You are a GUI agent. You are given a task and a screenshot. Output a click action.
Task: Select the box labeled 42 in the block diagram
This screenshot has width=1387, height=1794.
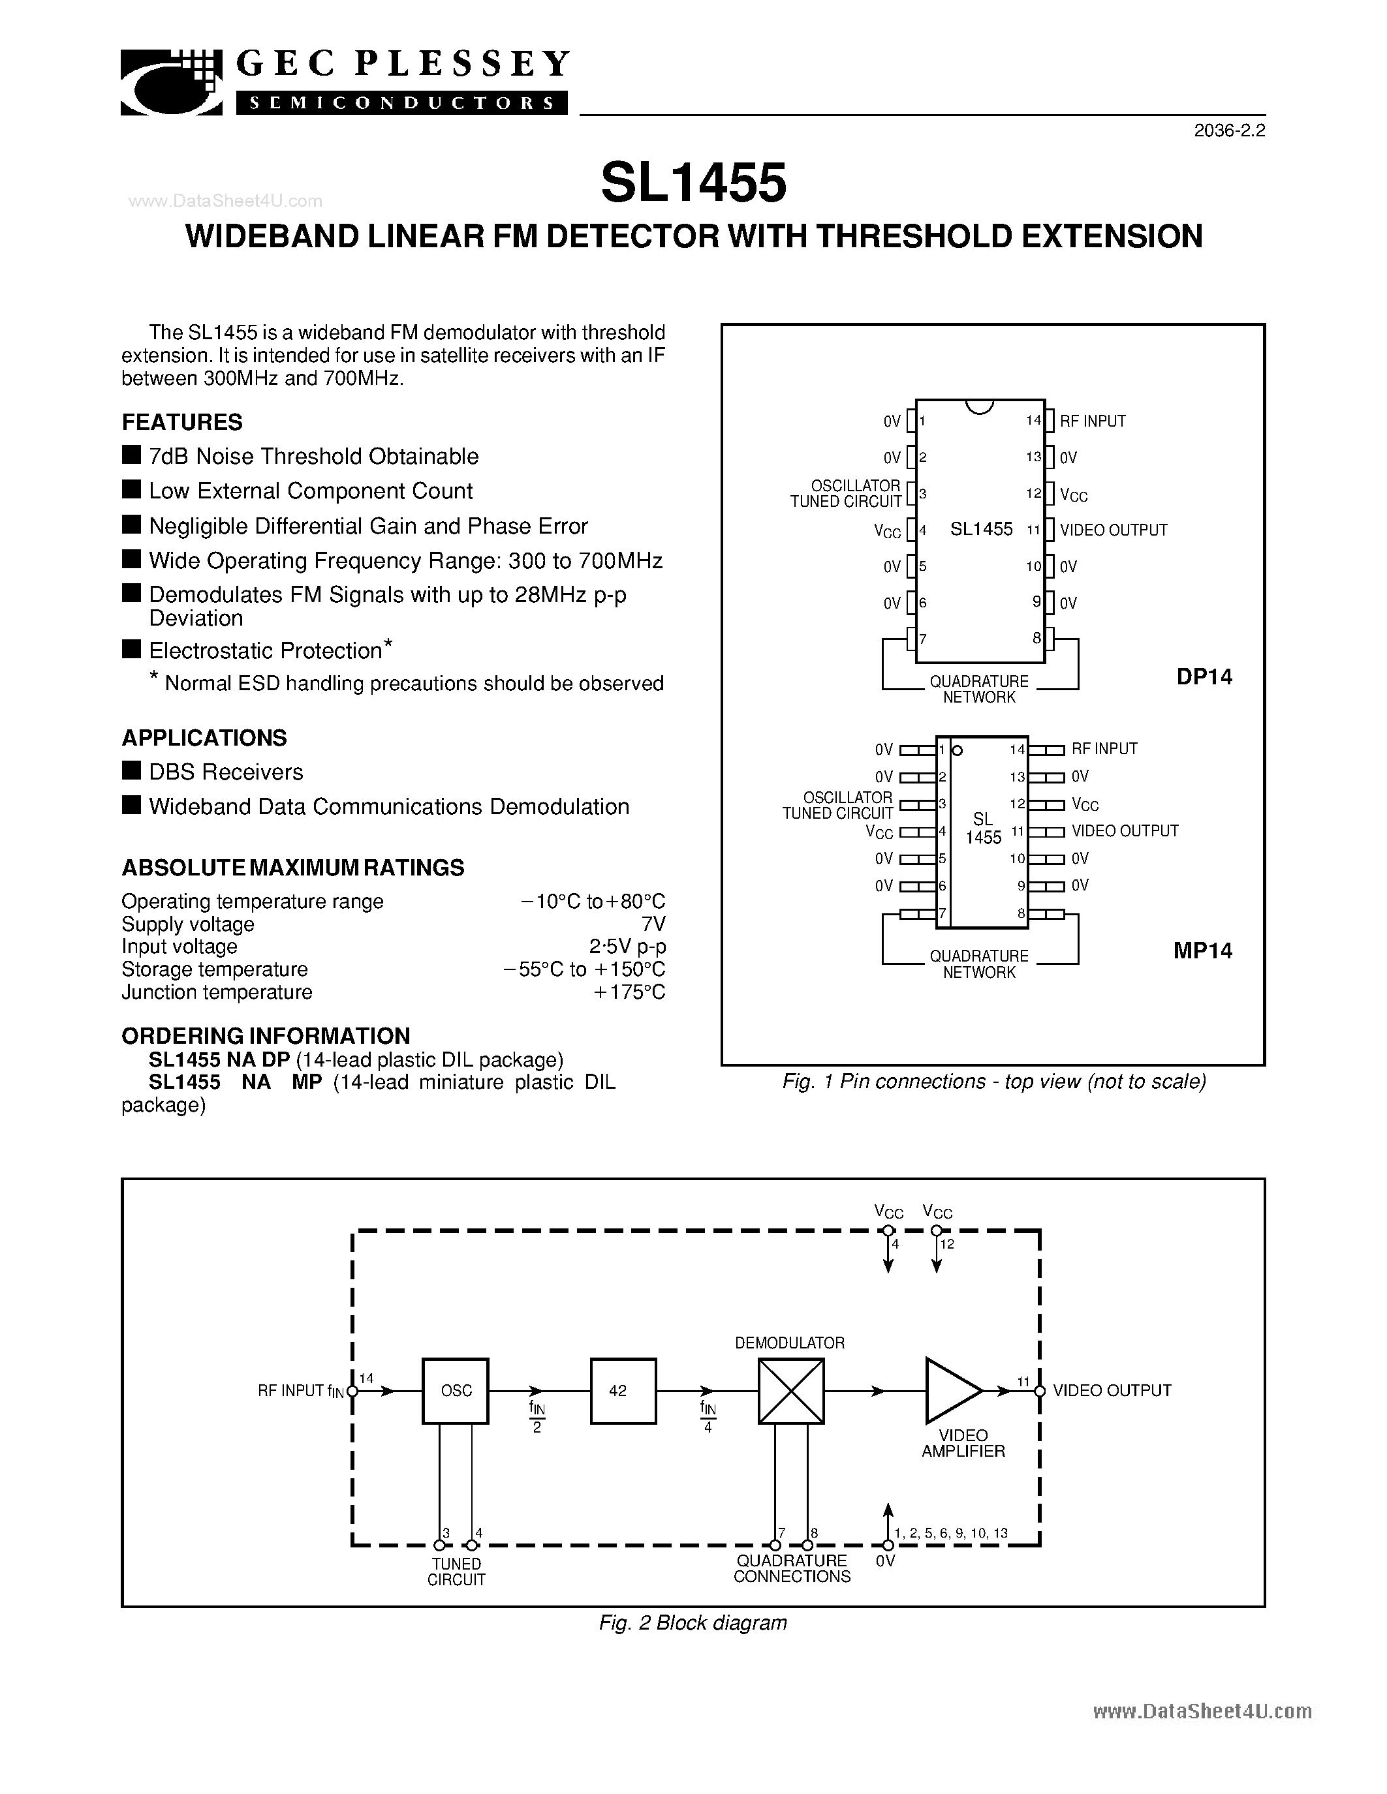623,1391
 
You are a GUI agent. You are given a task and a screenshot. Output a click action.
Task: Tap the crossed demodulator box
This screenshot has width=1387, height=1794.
790,1391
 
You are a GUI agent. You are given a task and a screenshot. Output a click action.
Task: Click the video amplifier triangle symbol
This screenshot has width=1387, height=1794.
952,1391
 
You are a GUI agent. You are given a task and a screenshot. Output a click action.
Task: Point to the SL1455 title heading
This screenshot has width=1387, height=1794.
693,183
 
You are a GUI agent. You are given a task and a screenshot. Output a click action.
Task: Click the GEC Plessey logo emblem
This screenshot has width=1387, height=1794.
172,83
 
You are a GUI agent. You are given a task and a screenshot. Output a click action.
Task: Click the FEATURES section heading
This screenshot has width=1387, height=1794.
182,422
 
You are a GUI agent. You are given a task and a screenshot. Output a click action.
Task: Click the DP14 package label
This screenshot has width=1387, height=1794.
1204,677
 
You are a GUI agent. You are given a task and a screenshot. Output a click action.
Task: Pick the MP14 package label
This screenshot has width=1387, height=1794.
1202,950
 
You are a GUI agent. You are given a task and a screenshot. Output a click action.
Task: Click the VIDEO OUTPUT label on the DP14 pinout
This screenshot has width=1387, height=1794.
1114,530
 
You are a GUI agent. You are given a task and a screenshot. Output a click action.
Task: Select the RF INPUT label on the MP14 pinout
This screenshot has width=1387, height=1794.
1104,749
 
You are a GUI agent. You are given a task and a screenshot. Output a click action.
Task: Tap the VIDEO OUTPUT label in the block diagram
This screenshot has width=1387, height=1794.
1112,1391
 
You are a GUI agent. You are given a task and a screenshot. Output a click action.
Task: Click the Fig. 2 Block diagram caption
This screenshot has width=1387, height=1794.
693,1623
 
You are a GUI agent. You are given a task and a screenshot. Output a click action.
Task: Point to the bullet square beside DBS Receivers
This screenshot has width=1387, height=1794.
131,770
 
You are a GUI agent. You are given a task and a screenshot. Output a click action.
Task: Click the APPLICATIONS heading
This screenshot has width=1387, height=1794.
204,738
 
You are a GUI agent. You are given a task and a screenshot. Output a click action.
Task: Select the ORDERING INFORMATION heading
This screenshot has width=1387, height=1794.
266,1036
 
